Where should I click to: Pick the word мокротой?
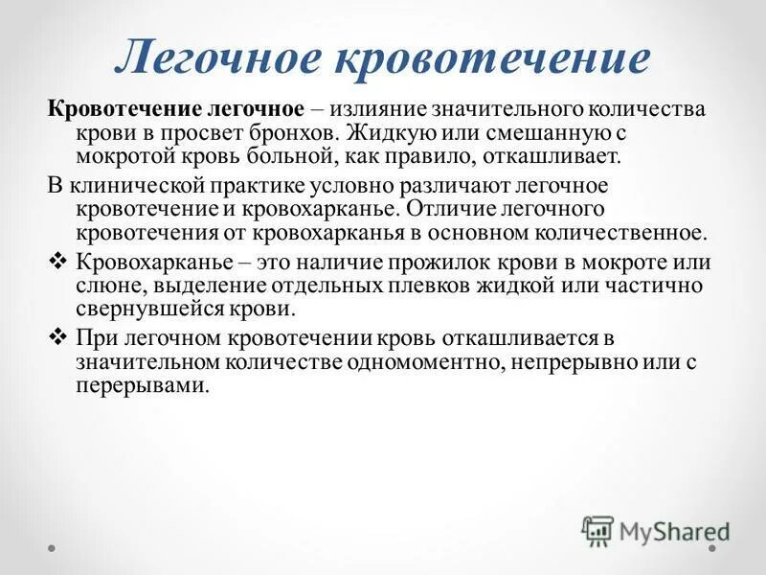(121, 156)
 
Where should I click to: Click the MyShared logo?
(657, 529)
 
